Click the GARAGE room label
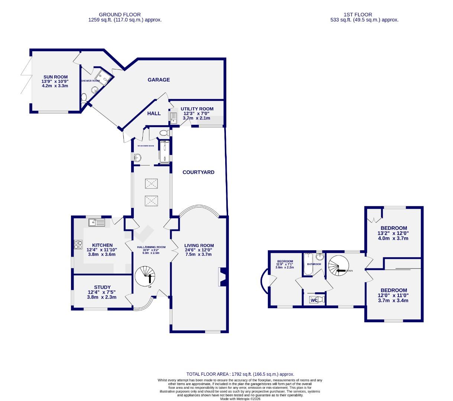pos(159,80)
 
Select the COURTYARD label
pos(198,172)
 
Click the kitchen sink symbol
pos(97,222)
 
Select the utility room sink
pos(174,117)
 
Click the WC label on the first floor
pos(314,300)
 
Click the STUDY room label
pos(102,287)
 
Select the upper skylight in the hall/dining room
pos(151,183)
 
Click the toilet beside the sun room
pos(84,98)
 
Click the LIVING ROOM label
pos(199,245)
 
